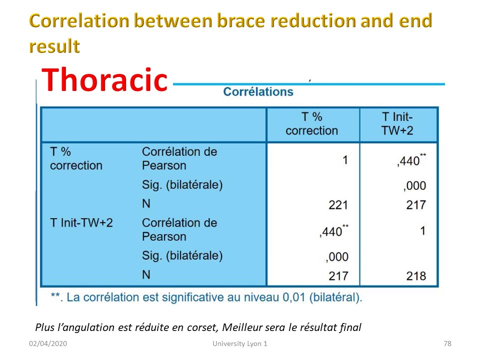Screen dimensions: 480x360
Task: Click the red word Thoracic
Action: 104,79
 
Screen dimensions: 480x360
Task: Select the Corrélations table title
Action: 258,92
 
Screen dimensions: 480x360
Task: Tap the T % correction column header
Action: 311,123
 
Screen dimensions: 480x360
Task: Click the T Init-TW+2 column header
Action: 397,123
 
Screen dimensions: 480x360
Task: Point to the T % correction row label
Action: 76,158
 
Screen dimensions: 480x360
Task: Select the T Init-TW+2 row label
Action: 81,222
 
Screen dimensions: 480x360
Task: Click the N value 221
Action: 338,205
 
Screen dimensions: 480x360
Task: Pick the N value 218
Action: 416,276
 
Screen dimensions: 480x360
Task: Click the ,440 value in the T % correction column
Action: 333,231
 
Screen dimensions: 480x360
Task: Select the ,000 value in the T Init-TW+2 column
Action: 414,186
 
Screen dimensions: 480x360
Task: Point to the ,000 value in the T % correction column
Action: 337,257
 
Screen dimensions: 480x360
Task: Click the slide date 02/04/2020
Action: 48,343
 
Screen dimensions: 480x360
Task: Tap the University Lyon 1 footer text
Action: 240,343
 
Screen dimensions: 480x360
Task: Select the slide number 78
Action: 447,343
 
